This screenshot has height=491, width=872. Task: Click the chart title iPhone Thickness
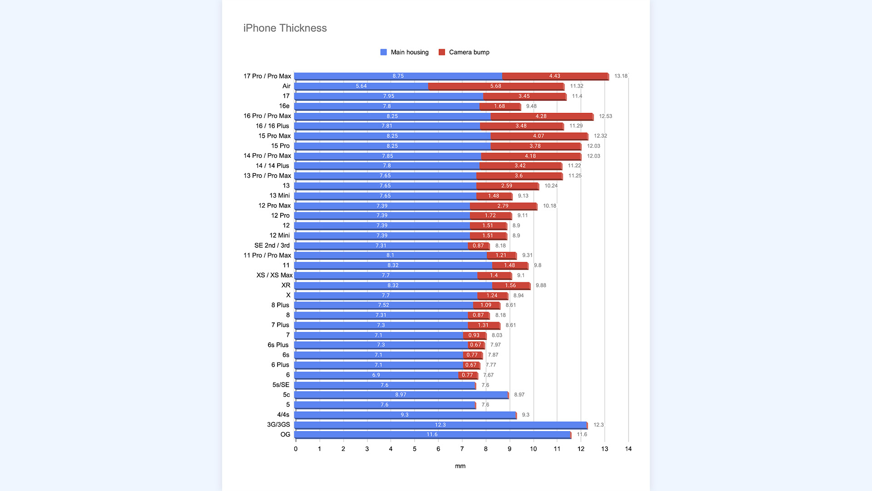[x=285, y=28]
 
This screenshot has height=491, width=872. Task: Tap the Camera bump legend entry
[x=464, y=52]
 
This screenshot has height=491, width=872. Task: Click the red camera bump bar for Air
[x=496, y=86]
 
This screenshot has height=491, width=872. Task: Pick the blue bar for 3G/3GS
[x=440, y=425]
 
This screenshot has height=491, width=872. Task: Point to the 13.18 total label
[x=620, y=76]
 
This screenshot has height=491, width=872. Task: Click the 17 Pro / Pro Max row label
[x=267, y=76]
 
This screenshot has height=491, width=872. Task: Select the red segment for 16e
[x=500, y=106]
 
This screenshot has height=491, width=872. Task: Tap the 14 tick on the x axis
[x=628, y=449]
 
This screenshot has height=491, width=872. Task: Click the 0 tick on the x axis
[x=296, y=449]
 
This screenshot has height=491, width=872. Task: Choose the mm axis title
[x=460, y=466]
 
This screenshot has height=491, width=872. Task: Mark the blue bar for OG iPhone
[x=432, y=435]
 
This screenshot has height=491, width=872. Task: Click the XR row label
[x=286, y=285]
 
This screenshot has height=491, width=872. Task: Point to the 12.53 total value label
[x=605, y=116]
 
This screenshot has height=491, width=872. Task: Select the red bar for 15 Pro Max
[x=539, y=136]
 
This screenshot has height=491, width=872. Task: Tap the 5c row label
[x=286, y=395]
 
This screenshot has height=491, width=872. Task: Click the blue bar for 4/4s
[x=405, y=415]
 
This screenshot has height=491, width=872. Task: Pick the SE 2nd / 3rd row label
[x=272, y=245]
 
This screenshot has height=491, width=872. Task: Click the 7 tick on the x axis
[x=462, y=449]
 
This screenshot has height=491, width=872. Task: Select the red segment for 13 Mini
[x=494, y=195]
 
